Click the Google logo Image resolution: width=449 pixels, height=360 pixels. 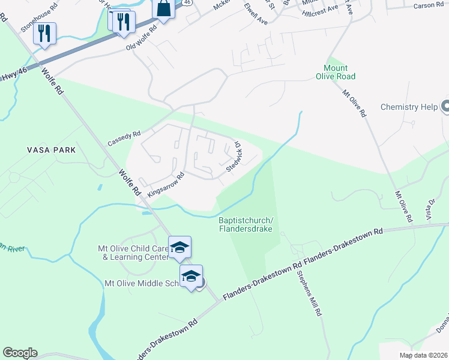click(x=20, y=353)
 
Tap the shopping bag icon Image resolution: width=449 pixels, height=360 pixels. click(x=164, y=10)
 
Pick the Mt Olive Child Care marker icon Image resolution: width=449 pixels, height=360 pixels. click(x=179, y=248)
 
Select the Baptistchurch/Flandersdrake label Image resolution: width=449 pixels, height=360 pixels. click(x=246, y=224)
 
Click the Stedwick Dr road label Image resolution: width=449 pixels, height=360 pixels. click(x=234, y=157)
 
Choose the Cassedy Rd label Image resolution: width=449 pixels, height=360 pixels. click(x=124, y=139)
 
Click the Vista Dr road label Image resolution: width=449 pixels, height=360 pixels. click(x=431, y=210)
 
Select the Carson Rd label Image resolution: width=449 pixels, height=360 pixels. click(x=429, y=5)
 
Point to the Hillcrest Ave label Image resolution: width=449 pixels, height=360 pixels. click(x=325, y=11)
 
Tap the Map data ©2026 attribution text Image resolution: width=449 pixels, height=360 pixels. click(x=423, y=355)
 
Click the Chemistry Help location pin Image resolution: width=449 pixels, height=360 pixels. click(x=445, y=107)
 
